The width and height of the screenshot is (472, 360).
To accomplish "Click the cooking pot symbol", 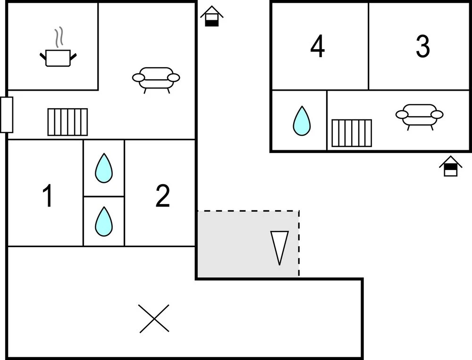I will tap(58, 57).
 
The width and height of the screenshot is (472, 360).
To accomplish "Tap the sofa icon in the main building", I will tap(156, 78).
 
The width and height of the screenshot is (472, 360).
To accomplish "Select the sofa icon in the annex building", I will tap(420, 115).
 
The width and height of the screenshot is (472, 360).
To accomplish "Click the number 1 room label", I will tap(47, 197).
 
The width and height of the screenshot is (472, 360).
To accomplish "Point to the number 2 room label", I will tap(162, 197).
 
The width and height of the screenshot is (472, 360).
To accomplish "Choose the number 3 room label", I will tap(423, 46).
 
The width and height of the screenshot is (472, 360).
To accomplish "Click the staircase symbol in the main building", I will tap(67, 122).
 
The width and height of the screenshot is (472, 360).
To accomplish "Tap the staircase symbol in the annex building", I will tap(352, 133).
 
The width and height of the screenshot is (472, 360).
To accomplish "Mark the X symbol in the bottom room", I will tap(154, 318).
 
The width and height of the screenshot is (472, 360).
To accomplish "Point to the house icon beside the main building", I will tap(212, 17).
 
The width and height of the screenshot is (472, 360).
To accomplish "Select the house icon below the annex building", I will tap(451, 166).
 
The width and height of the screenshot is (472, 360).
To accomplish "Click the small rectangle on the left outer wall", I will tap(7, 115).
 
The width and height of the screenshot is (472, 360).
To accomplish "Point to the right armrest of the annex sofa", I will tap(438, 114).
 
